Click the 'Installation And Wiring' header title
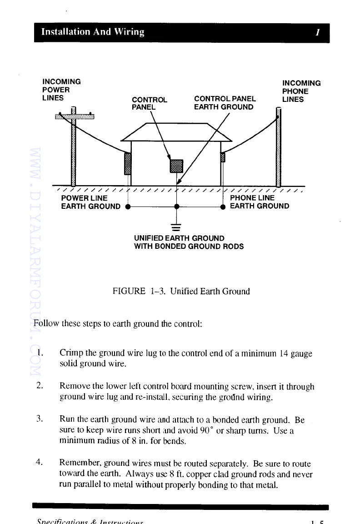click(93, 32)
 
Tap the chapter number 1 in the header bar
click(318, 32)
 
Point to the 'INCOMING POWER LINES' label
click(61, 90)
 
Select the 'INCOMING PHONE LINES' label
click(301, 91)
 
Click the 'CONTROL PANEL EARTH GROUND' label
click(225, 103)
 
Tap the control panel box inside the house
click(176, 166)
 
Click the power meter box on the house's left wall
click(128, 164)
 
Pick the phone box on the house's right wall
click(223, 157)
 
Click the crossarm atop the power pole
click(75, 116)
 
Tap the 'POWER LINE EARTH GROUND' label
click(91, 202)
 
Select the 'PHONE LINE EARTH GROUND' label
click(260, 202)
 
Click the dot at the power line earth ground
click(128, 207)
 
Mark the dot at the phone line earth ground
click(223, 207)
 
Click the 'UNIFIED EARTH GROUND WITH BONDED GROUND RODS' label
click(189, 242)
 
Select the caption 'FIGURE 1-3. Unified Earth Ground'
click(181, 291)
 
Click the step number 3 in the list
click(40, 418)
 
